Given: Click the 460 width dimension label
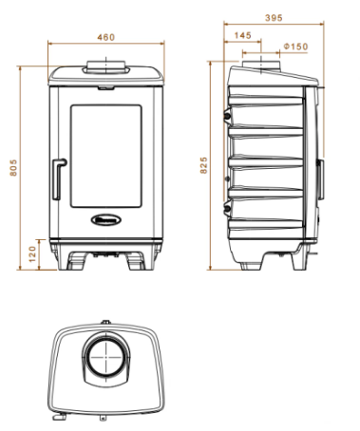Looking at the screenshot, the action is tap(105, 37).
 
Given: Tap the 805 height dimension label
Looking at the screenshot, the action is tap(13, 167).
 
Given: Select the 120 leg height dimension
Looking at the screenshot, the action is tap(32, 254).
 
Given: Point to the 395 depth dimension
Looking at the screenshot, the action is tap(274, 18).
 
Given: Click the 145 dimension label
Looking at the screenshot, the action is tap(243, 35).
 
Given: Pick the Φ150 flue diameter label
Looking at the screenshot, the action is tap(295, 47).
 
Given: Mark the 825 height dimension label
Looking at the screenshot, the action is tap(203, 165).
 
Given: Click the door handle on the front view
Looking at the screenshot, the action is tap(59, 179).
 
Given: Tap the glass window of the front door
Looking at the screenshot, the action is tap(106, 156).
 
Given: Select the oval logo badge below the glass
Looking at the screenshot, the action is tap(106, 219).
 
